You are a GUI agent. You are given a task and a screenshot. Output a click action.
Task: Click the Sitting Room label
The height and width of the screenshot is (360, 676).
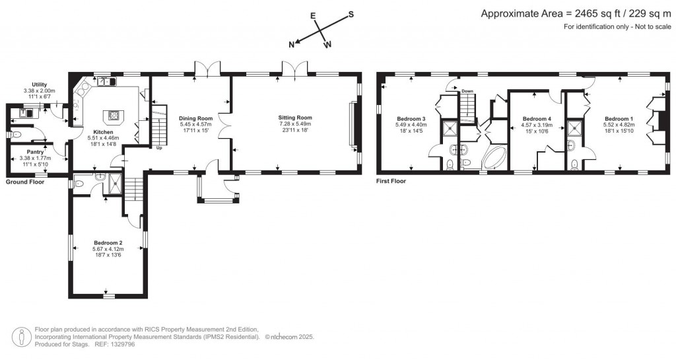tap(294, 118)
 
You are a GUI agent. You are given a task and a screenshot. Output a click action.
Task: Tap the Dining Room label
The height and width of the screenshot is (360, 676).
tap(195, 118)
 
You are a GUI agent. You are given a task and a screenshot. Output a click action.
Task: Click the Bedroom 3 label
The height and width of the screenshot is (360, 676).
tap(411, 118)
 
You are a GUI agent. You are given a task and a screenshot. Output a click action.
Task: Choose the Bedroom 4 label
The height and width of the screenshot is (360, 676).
tap(535, 118)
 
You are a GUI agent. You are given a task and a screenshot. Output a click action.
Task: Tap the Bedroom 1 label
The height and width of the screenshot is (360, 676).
tap(619, 118)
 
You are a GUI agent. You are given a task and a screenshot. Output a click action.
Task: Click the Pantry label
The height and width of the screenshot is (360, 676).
tap(36, 151)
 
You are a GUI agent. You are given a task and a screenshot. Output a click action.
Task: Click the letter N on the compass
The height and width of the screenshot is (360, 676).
tap(291, 44)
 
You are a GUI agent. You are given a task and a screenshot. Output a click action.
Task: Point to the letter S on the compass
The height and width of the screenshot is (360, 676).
tap(351, 14)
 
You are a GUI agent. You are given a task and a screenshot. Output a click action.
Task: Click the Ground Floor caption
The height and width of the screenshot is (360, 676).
tap(25, 182)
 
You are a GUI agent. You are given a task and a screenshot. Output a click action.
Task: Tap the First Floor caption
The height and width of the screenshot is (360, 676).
tap(391, 181)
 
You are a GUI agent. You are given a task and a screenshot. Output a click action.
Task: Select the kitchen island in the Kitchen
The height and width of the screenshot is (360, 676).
tap(116, 116)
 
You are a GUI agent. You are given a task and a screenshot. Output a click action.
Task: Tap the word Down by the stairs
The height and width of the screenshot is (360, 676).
tap(467, 91)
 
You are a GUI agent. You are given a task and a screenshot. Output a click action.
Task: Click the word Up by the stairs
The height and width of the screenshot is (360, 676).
tap(158, 148)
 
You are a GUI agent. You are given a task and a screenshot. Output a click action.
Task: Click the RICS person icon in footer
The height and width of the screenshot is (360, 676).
tap(24, 336)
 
